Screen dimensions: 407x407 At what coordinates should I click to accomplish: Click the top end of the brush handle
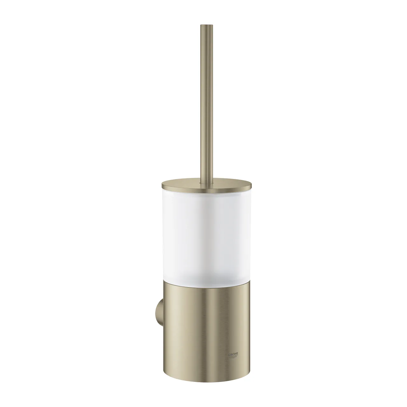[x=203, y=25]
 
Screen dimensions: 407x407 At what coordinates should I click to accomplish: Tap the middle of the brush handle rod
[x=203, y=102]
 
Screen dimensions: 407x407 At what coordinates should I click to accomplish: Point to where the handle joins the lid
[x=203, y=182]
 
